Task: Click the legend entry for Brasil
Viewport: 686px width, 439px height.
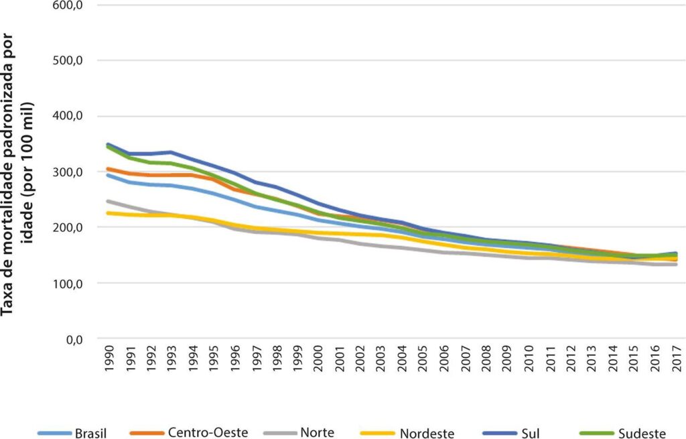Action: [x=72, y=433]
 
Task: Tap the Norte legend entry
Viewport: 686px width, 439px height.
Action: [x=299, y=432]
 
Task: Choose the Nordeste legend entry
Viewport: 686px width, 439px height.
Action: [x=407, y=433]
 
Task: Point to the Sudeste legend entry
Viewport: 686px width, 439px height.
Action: [x=622, y=433]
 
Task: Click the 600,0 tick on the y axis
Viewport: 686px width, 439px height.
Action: [x=68, y=5]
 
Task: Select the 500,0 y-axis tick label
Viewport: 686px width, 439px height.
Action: [x=68, y=60]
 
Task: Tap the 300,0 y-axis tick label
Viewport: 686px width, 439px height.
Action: [x=68, y=172]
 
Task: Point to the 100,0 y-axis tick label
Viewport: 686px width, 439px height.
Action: [x=68, y=284]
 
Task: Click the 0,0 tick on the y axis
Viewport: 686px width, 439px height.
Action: [x=74, y=338]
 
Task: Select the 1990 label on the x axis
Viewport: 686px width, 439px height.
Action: [x=109, y=359]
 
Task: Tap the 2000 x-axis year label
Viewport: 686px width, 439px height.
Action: [x=318, y=359]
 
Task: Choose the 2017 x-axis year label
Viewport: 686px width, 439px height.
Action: [x=677, y=359]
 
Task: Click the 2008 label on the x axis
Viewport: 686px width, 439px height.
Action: [x=486, y=359]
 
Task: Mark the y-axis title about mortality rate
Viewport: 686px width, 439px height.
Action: [x=17, y=175]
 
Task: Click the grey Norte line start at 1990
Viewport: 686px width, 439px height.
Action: [x=108, y=201]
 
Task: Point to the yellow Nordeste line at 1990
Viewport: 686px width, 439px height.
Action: [x=108, y=213]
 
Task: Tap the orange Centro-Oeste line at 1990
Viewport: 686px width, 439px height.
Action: [x=108, y=168]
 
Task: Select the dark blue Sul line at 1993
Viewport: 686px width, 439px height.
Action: [x=171, y=152]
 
